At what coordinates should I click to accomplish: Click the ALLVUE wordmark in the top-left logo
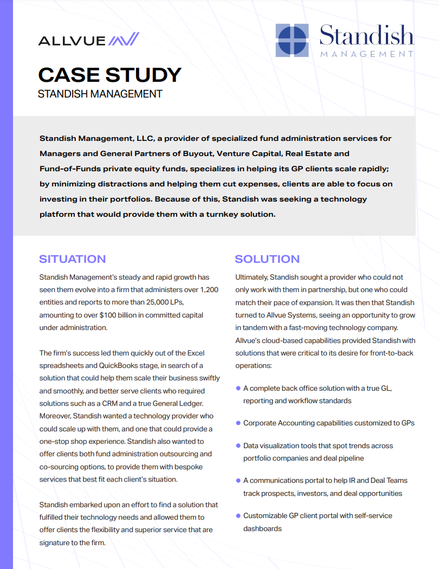point(71,40)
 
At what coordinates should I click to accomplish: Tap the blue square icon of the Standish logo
point(293,40)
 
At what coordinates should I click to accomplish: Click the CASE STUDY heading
point(109,74)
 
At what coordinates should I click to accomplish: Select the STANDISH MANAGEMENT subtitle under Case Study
point(100,94)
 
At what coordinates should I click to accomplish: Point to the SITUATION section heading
point(73,259)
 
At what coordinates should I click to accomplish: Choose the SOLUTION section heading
point(267,259)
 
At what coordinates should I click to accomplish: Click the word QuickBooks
point(120,366)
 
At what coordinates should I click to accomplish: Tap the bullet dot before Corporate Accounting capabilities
point(238,423)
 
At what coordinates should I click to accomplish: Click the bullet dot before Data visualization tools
point(238,445)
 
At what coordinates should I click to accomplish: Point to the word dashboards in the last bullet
point(262,528)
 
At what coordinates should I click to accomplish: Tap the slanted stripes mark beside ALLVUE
point(124,40)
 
